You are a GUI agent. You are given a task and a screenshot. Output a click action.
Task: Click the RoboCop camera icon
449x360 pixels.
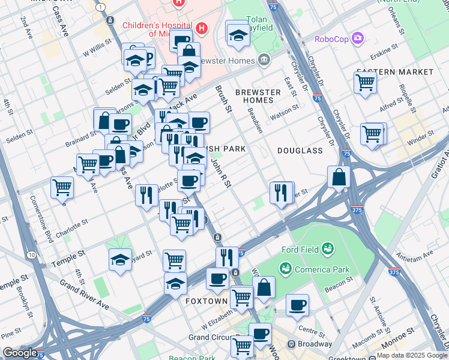point(359,39)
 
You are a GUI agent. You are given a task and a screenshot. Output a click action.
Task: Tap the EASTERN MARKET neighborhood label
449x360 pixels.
point(394,71)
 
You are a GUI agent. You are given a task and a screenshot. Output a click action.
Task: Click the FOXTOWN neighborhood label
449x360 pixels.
point(206,300)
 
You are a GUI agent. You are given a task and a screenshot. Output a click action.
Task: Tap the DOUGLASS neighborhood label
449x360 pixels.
point(300,151)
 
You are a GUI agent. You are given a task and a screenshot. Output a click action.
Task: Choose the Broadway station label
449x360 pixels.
point(313,344)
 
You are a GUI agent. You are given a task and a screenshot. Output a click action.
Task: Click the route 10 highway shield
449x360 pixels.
point(31,255)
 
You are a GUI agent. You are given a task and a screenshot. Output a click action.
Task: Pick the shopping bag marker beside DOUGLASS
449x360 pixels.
point(339,177)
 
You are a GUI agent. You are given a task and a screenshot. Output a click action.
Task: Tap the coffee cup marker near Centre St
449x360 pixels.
point(297,304)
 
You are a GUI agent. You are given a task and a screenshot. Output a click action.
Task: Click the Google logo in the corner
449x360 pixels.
point(20,353)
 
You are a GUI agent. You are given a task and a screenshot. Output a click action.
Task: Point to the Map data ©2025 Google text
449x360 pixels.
point(412,355)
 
